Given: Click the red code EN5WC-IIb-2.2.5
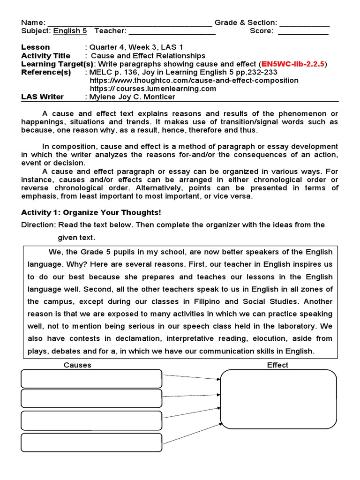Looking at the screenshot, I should [x=293, y=64].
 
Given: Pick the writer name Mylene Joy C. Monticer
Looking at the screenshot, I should [x=133, y=97].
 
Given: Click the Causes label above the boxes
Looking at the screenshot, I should [x=77, y=365].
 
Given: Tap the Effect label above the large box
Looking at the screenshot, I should [x=277, y=365].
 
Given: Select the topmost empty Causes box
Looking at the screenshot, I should [x=91, y=379].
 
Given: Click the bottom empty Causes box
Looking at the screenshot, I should [x=91, y=442].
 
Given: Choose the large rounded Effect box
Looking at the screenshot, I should [x=278, y=399].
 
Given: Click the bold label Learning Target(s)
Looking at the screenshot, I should [x=58, y=64].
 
